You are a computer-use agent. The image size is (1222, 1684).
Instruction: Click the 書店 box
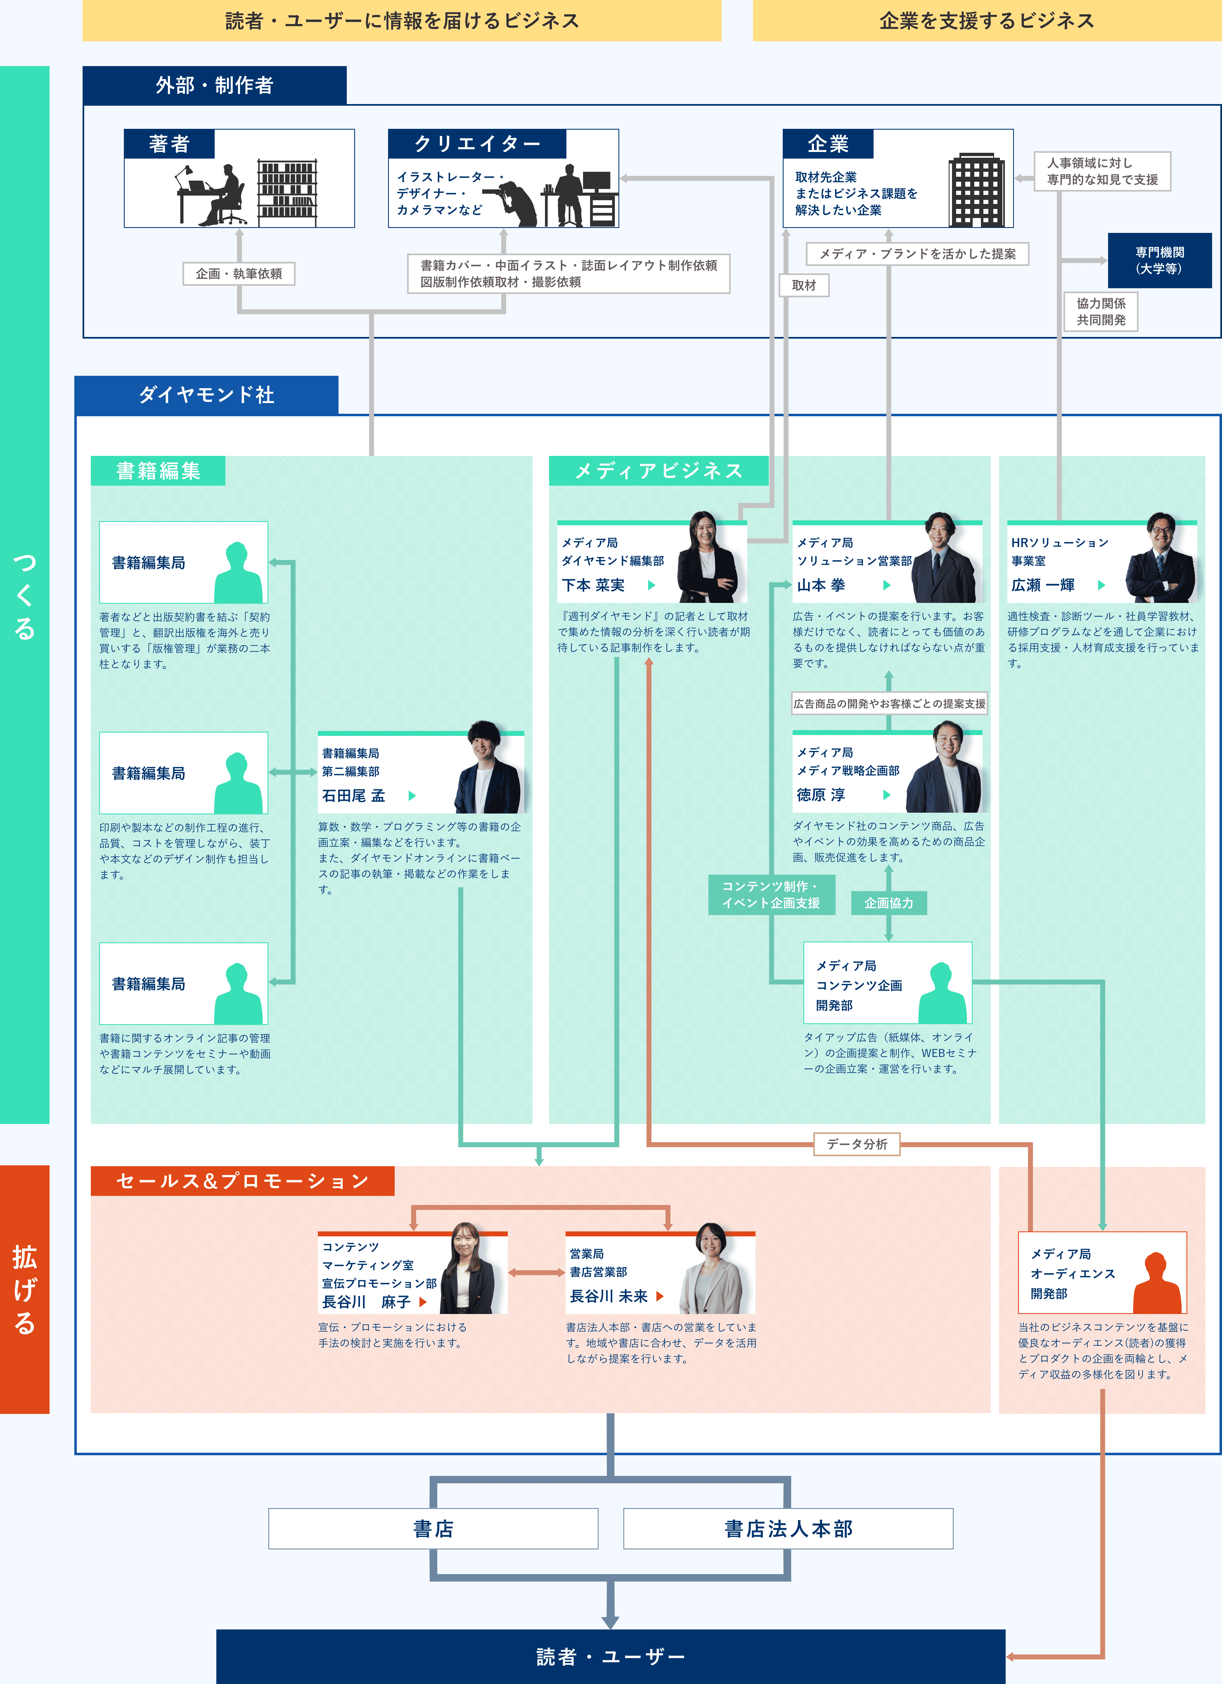(433, 1528)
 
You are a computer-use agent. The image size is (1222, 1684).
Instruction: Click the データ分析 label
(857, 1144)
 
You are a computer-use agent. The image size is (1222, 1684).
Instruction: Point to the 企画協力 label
(889, 903)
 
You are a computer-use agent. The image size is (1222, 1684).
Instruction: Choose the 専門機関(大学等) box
(1160, 261)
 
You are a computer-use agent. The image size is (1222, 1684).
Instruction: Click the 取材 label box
(804, 285)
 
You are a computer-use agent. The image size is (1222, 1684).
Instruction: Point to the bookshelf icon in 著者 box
(287, 192)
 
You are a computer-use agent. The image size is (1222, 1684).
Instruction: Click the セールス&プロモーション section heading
(242, 1180)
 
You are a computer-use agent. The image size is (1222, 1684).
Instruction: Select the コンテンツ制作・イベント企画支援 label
(771, 894)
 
